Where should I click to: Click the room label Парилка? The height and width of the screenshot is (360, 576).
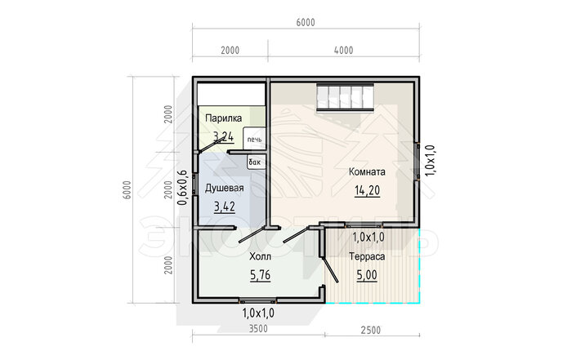click(223, 118)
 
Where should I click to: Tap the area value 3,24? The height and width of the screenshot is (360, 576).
click(223, 137)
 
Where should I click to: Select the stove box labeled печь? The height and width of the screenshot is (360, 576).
click(254, 138)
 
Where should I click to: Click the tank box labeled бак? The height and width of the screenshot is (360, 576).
click(255, 162)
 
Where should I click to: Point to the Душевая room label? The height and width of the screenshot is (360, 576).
click(224, 188)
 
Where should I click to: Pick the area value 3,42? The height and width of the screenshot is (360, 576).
click(225, 207)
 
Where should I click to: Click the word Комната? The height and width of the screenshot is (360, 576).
click(367, 171)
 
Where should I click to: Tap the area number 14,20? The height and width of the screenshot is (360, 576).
click(367, 190)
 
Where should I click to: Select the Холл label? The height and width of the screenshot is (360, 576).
click(260, 256)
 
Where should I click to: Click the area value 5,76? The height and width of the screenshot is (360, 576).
click(260, 275)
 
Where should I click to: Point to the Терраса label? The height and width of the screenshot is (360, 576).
click(367, 256)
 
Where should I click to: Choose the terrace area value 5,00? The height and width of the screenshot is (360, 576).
click(367, 275)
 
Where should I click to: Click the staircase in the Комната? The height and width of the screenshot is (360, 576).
click(346, 97)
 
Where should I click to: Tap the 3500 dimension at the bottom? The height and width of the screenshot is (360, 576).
click(258, 329)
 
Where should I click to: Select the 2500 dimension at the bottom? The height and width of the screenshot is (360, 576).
click(371, 331)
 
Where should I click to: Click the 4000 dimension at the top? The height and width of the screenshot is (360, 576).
click(343, 50)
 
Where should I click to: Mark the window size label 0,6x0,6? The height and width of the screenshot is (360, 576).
click(182, 188)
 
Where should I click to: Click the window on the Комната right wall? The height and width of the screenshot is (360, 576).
click(417, 161)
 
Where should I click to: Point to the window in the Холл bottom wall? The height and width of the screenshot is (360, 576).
click(258, 300)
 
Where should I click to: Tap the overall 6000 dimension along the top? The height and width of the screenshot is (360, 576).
click(306, 22)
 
